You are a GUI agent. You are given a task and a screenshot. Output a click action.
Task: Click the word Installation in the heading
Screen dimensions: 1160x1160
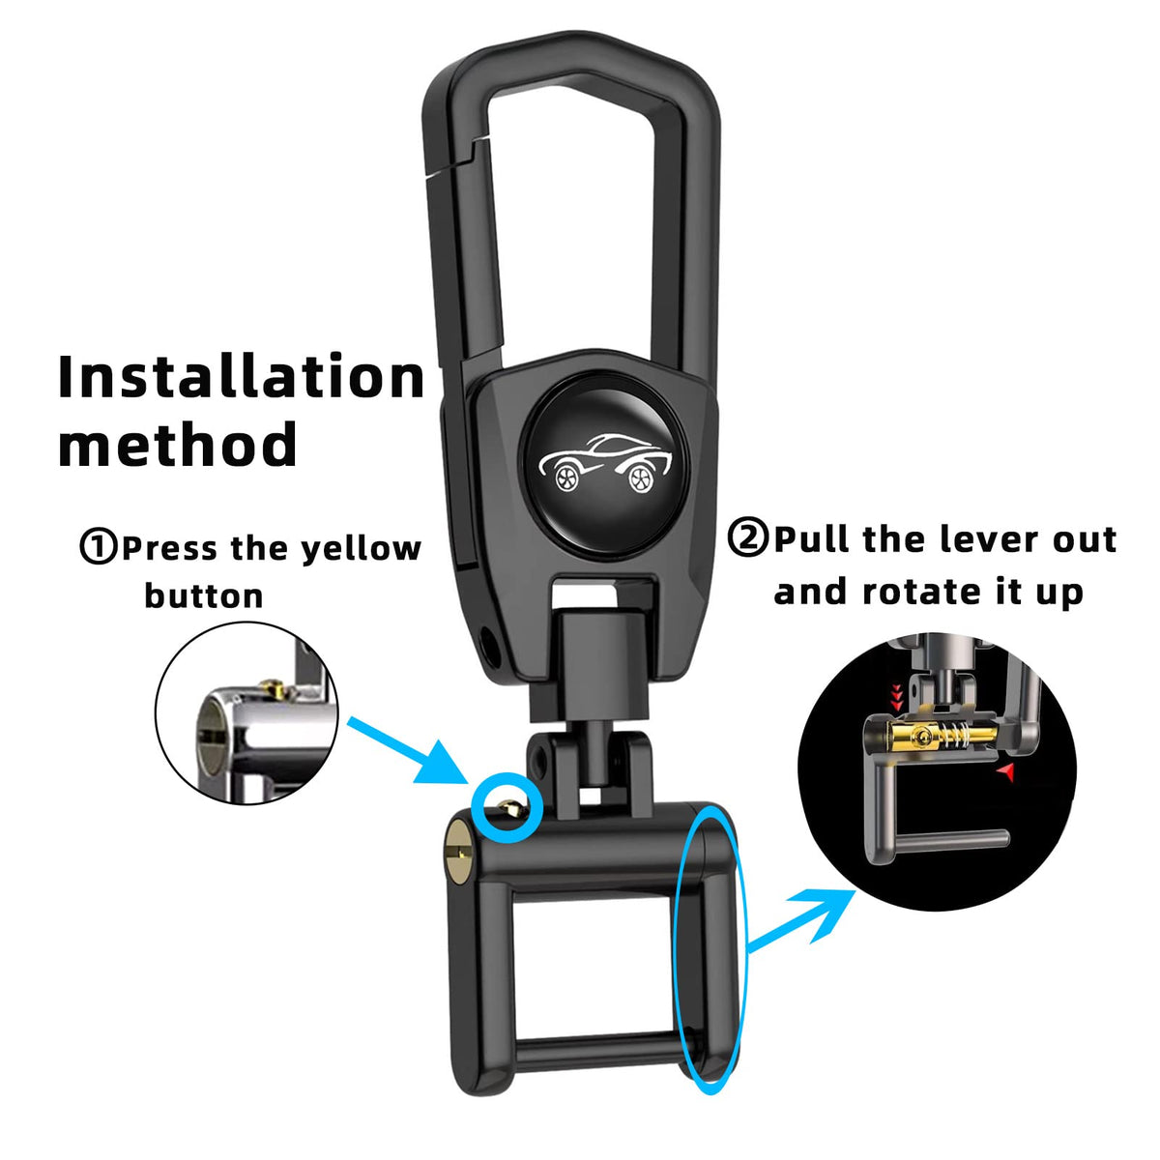(242, 376)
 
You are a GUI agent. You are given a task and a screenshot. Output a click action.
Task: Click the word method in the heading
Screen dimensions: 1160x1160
(178, 444)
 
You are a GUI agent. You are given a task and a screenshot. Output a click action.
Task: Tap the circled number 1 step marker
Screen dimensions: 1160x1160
(99, 546)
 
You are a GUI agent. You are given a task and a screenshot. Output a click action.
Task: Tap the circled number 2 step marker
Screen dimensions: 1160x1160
(747, 537)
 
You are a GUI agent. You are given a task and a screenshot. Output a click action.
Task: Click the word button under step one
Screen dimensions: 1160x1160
(203, 595)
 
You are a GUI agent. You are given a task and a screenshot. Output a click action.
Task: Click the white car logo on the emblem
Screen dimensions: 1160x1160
(604, 462)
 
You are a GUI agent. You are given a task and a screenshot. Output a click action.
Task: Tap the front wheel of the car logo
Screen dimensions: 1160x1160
(566, 477)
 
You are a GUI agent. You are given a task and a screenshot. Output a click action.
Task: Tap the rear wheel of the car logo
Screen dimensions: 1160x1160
(641, 478)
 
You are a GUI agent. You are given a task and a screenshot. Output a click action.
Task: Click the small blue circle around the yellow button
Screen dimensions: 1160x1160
(507, 806)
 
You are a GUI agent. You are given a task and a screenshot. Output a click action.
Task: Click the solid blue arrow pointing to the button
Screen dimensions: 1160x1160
(408, 749)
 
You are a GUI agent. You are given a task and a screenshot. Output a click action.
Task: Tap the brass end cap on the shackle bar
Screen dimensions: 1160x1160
(459, 855)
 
